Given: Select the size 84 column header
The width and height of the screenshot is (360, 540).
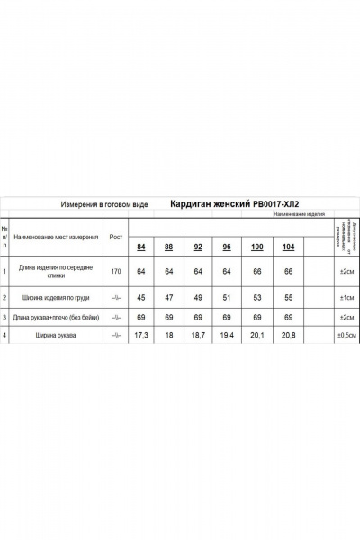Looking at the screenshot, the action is tap(140, 247).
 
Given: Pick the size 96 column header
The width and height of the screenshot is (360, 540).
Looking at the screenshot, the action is tap(227, 247).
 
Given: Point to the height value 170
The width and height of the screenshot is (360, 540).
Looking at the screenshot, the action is tap(115, 270).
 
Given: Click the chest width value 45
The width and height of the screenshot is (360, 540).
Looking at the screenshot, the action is tap(140, 296).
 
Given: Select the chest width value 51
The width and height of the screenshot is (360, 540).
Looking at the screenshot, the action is tap(227, 296).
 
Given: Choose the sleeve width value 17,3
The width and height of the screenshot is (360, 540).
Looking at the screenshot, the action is tap(140, 335).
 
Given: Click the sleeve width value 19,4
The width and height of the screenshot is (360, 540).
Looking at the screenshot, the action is tap(227, 335).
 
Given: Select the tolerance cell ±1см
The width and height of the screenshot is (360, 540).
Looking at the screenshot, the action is tap(346, 296).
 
